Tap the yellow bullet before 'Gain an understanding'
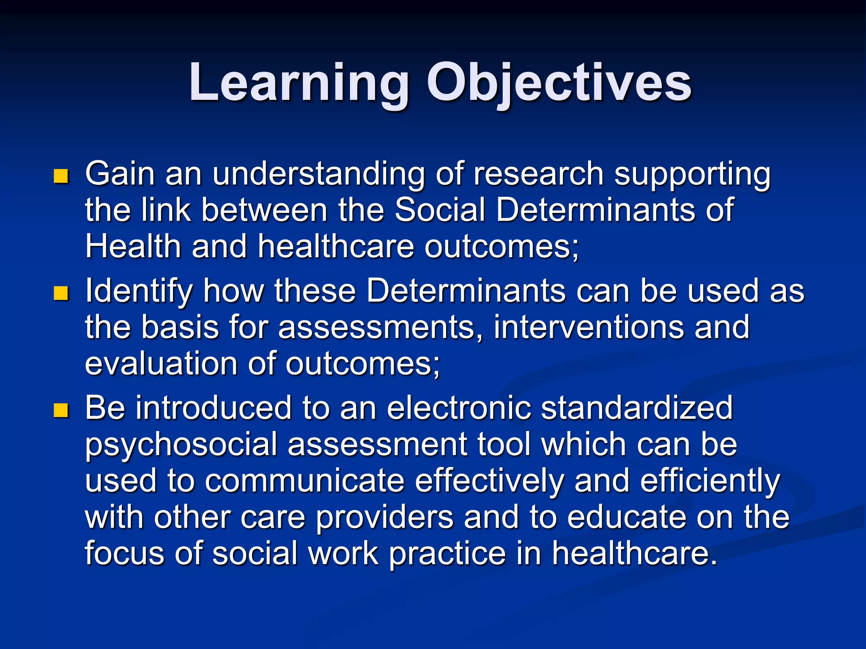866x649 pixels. click(x=61, y=176)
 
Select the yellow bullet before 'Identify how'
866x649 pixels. click(x=61, y=293)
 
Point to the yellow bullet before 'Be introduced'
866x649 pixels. click(x=61, y=410)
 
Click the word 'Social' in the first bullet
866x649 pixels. click(x=440, y=210)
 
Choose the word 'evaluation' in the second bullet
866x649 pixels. click(x=161, y=364)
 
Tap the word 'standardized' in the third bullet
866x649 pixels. click(x=637, y=408)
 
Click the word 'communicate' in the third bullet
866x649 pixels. click(x=304, y=481)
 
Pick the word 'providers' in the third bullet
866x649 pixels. click(x=384, y=518)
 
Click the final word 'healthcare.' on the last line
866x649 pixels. click(x=635, y=554)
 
